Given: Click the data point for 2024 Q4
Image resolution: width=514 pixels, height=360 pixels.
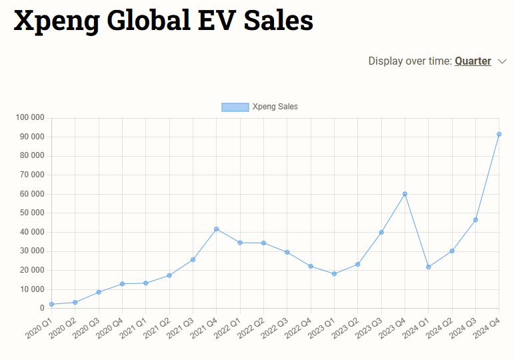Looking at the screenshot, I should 499,134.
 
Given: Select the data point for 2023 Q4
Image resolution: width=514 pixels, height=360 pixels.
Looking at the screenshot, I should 405,194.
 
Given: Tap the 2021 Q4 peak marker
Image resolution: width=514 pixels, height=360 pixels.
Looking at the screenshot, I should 216,229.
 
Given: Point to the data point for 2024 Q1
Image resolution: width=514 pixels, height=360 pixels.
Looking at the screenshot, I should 428,267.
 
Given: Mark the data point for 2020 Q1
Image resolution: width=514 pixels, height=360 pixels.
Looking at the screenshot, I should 51,304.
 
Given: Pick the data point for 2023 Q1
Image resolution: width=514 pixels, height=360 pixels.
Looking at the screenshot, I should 334,273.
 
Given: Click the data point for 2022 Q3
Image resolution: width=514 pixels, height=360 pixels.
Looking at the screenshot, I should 287,252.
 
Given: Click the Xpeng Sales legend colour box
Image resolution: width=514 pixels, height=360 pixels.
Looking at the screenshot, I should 235,107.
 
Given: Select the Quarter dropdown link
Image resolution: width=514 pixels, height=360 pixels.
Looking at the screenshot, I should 473,61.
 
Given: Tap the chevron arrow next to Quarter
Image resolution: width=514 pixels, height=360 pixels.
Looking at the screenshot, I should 503,61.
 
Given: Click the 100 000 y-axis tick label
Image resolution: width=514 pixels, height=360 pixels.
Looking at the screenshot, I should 29,118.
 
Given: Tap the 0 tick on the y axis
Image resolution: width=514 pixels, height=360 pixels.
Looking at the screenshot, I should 41,309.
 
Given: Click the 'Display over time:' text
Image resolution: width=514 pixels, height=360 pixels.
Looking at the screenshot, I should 409,61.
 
